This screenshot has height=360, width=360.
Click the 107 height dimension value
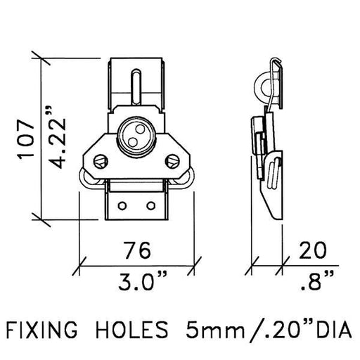point(26,139)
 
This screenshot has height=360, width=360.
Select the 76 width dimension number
point(137,250)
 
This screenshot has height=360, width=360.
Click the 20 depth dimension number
point(312,250)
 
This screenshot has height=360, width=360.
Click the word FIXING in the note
point(41,330)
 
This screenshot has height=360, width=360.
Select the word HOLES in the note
point(132,330)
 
